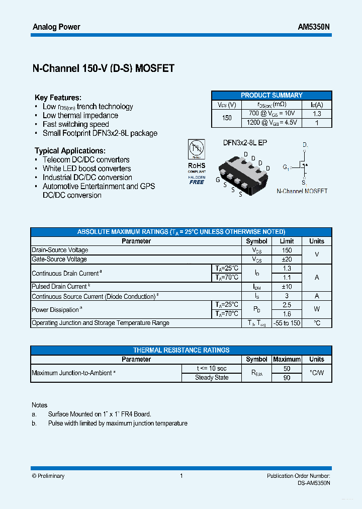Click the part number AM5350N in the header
(314, 27)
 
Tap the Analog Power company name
(56, 27)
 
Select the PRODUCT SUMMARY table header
(271, 95)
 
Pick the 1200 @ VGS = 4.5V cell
(272, 123)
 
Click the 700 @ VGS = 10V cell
(272, 114)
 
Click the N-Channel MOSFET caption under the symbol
(302, 191)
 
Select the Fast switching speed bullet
(75, 124)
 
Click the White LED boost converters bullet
(86, 168)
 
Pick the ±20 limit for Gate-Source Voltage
(287, 259)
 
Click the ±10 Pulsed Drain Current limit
(287, 287)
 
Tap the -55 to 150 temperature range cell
(287, 323)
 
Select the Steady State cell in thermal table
(212, 378)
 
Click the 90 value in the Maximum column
(287, 378)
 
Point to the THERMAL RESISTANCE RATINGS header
(181, 350)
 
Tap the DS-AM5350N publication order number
(313, 483)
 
